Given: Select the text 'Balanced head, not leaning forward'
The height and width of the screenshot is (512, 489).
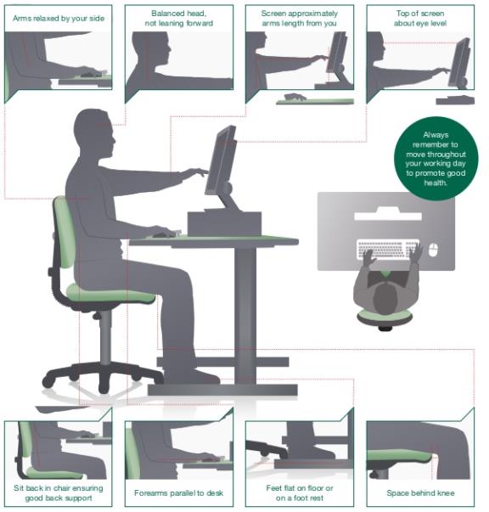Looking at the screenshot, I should pyautogui.click(x=178, y=19).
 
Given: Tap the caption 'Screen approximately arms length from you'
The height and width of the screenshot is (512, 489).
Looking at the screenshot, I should pyautogui.click(x=299, y=19).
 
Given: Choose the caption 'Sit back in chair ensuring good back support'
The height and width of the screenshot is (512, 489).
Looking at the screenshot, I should pyautogui.click(x=57, y=492).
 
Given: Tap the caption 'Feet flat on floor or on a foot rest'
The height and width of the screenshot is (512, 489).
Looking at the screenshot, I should pyautogui.click(x=299, y=492).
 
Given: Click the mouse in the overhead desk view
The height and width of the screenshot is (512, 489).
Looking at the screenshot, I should pyautogui.click(x=434, y=250).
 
